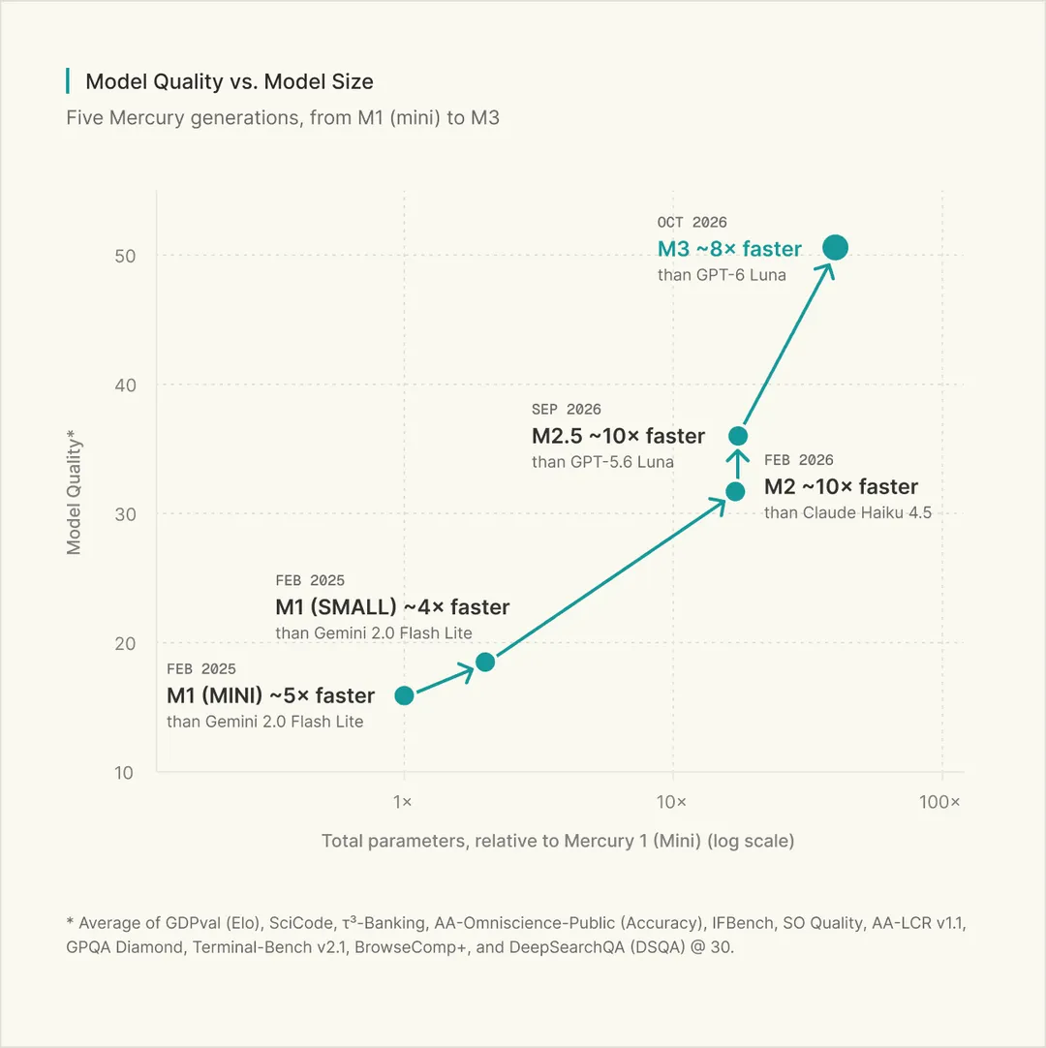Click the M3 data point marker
click(x=836, y=247)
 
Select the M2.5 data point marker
click(x=738, y=436)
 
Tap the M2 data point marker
click(x=735, y=491)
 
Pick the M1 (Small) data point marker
click(x=485, y=662)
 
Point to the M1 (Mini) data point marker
click(x=405, y=695)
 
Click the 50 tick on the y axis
click(x=125, y=256)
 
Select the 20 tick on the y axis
click(x=125, y=644)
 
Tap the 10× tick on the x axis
click(x=671, y=802)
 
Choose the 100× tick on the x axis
click(x=939, y=802)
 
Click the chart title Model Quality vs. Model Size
click(x=230, y=81)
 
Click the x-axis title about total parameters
click(x=558, y=841)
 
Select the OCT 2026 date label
click(x=692, y=222)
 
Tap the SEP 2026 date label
click(x=567, y=409)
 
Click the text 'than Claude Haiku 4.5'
click(x=847, y=512)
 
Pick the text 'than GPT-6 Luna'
click(x=722, y=275)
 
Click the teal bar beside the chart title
click(x=68, y=80)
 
